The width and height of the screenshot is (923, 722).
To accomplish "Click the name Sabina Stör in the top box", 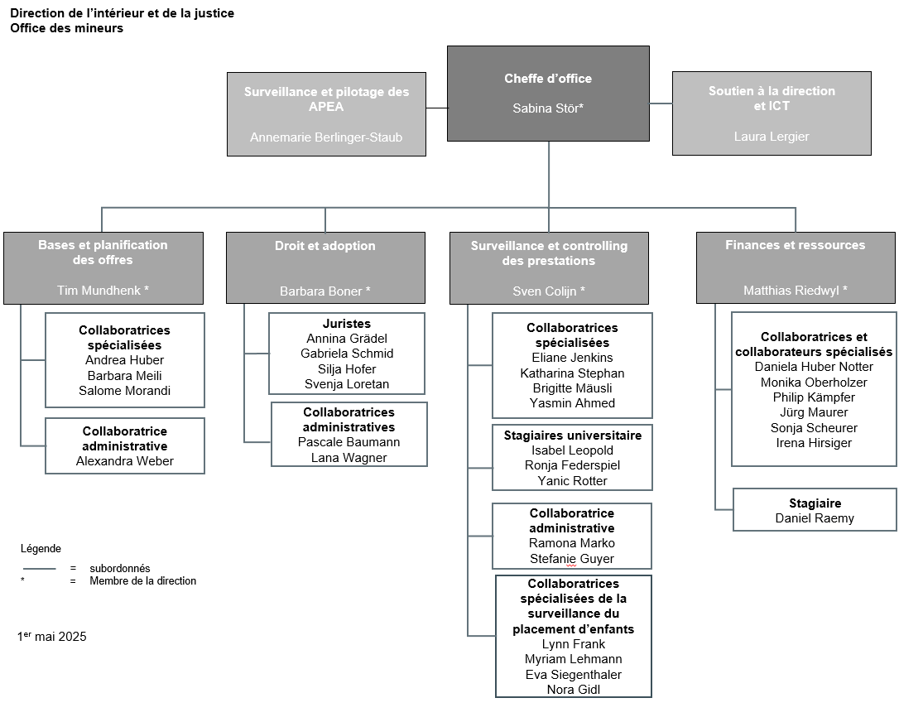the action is (546, 108).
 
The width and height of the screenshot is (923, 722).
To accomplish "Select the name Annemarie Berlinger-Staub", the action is (326, 137).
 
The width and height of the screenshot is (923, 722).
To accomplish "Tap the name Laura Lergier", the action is (772, 137).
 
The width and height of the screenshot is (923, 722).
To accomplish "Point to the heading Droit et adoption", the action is (325, 246).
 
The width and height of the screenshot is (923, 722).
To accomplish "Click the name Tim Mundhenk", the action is (99, 291).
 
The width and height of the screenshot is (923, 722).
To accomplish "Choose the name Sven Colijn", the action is (545, 291).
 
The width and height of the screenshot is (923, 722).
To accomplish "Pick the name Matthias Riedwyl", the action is (791, 291).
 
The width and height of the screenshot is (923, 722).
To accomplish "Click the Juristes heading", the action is (347, 323).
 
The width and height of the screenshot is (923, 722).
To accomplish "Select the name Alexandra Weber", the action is (125, 461).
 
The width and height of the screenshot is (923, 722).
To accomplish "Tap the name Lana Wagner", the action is (349, 458).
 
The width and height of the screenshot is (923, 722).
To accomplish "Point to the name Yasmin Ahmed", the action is (572, 403).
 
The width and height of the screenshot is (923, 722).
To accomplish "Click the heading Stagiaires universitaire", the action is (573, 436).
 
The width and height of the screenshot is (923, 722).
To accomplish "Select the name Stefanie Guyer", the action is (572, 559).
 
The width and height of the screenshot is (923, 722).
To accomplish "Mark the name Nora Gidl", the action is (574, 690).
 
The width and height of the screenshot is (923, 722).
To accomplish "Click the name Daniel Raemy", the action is (815, 518).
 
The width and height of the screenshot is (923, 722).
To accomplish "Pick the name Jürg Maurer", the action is (814, 412).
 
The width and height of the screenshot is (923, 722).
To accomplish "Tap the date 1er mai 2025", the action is (52, 636).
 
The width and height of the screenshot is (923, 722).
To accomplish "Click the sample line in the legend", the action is (40, 569).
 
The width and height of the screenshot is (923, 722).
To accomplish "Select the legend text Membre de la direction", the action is (143, 581).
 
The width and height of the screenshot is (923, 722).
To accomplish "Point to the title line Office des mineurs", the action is (66, 28).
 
